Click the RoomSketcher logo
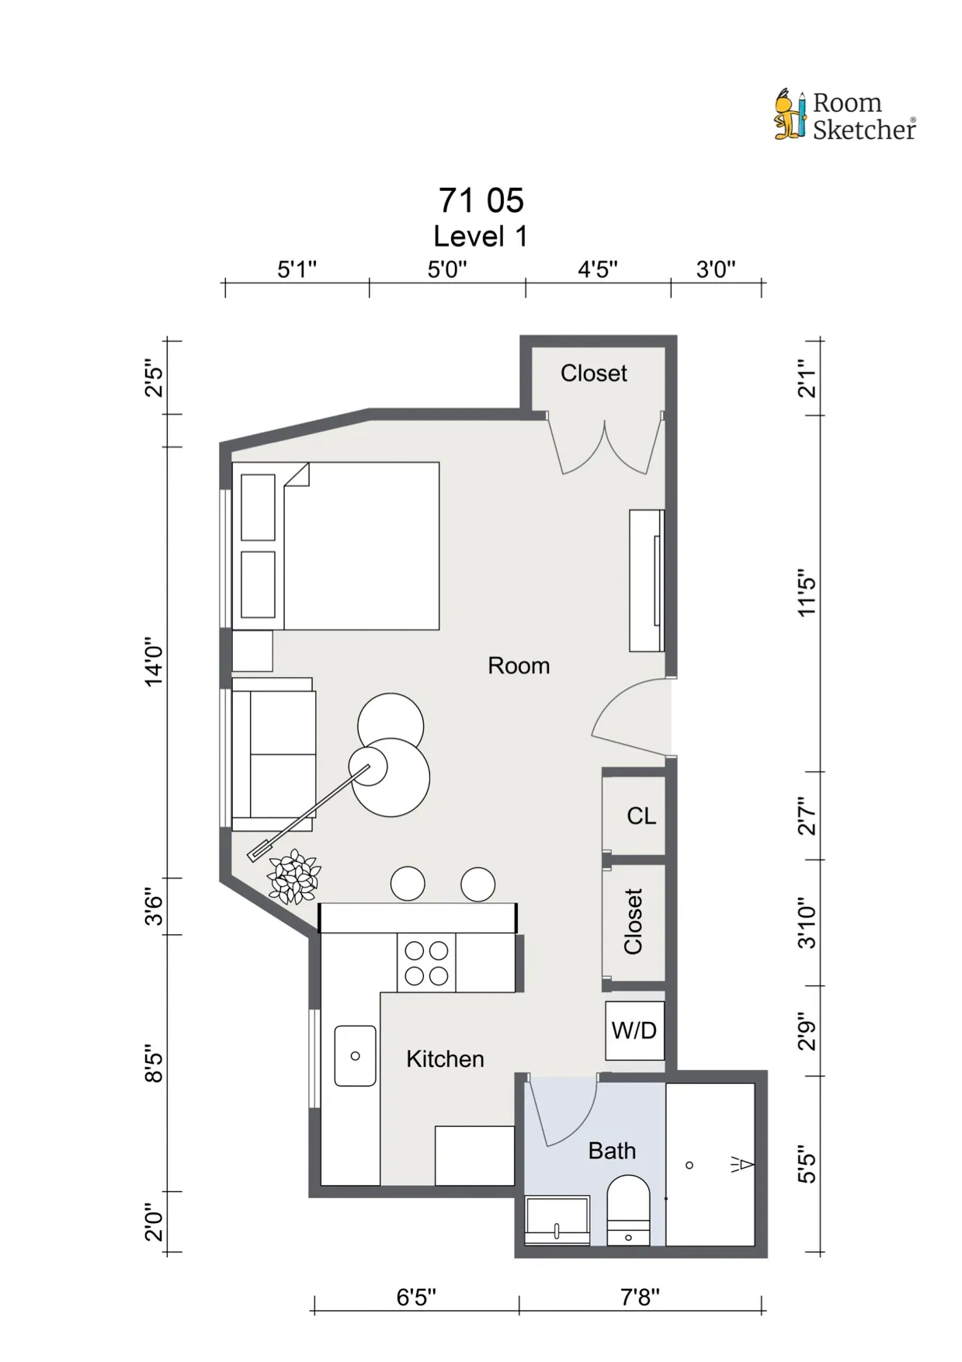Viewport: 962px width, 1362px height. pos(845,116)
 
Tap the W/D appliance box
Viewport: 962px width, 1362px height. pos(634,1030)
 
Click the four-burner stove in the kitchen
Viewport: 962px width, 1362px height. pos(426,963)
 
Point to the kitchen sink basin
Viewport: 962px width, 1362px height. pos(355,1055)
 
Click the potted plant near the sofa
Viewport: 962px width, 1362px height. pos(293,877)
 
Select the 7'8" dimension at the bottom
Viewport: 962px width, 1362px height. pos(640,1298)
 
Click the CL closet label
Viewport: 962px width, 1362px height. pos(641,816)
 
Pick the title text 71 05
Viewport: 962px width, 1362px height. pos(481,200)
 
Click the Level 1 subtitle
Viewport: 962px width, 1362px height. pos(481,236)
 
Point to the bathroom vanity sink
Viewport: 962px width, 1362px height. pos(557,1220)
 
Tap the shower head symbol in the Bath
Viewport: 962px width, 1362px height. pos(742,1164)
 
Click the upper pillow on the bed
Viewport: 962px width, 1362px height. pos(258,507)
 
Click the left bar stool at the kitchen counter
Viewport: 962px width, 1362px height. pos(408,884)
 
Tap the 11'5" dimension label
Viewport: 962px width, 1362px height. pos(807,596)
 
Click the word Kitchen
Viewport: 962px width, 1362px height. pos(445,1059)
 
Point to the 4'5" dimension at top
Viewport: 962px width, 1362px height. pos(597,269)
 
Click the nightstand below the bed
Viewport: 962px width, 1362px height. pos(252,651)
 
